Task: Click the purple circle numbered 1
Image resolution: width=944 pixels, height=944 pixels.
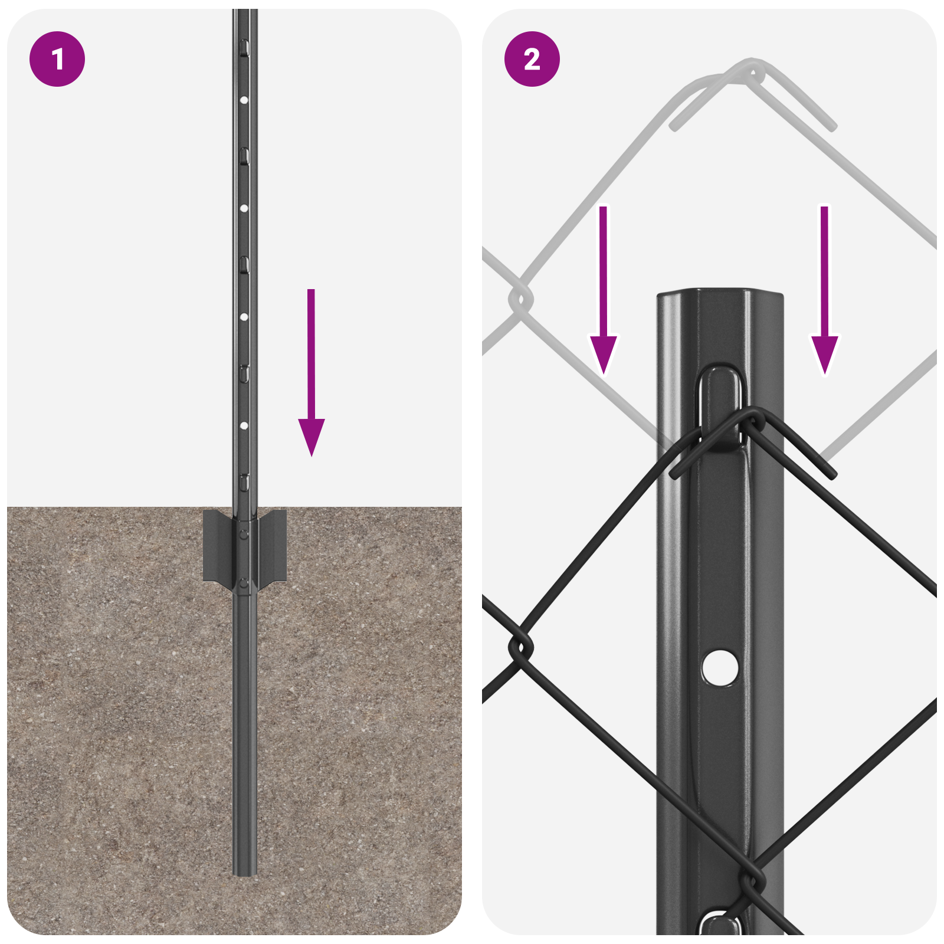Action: pos(57,59)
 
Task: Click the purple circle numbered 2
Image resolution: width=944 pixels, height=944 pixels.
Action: pos(532,59)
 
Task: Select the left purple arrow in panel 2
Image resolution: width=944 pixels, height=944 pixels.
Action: pos(603,295)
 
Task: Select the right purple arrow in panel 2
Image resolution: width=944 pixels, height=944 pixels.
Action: pos(824,295)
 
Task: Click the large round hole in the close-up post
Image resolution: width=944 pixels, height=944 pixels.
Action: pos(720,667)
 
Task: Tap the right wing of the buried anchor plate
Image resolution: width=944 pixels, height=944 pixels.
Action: pos(273,546)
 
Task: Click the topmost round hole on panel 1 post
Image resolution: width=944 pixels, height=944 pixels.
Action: pos(244,100)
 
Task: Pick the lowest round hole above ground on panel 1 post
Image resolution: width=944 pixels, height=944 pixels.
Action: pos(244,425)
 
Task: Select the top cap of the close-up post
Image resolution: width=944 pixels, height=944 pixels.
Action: pos(720,293)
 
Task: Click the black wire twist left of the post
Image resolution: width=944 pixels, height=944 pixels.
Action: pos(520,648)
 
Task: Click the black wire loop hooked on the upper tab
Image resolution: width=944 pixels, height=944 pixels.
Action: pos(750,421)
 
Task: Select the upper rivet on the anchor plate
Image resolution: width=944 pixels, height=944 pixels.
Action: pos(244,535)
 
